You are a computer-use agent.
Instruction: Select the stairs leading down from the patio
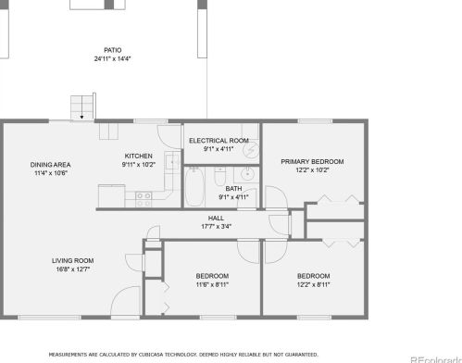pos(83,106)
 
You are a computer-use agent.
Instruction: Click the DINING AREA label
pos(50,165)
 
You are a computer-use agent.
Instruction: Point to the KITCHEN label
pos(139,156)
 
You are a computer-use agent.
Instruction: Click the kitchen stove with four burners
pos(144,196)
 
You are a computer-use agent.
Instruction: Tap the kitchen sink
pos(171,163)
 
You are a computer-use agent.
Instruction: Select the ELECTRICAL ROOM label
pos(219,140)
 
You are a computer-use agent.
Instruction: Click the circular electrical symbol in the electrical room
pos(250,148)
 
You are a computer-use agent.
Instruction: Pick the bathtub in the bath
pos(195,186)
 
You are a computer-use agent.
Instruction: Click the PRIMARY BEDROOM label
pos(306,161)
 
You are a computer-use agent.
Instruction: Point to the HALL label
pos(216,218)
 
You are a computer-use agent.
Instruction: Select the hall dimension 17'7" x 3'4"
pos(216,226)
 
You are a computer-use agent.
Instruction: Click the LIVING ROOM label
pos(73,260)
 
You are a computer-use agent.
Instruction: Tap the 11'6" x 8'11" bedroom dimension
pos(212,284)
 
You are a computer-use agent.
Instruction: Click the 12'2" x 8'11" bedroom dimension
pos(313,284)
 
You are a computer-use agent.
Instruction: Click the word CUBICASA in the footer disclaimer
pos(158,355)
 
